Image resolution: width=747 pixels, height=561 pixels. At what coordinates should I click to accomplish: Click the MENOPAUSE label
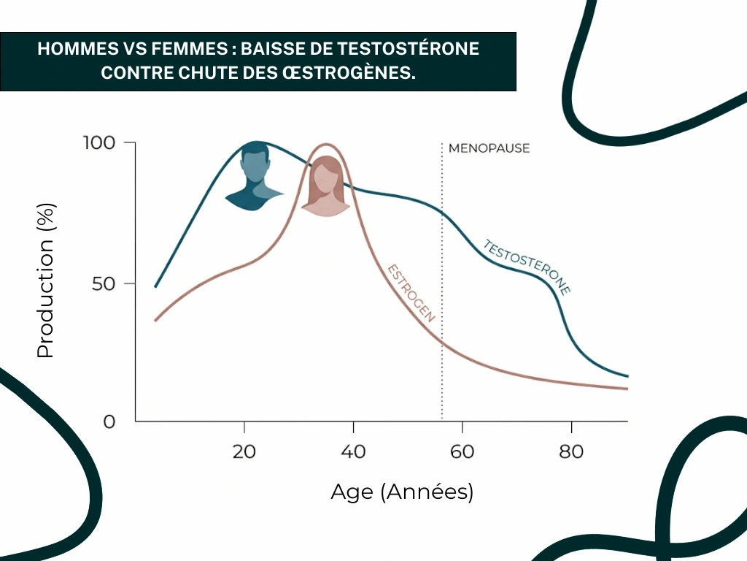[489, 148]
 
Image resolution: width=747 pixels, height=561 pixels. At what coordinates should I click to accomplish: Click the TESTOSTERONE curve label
[527, 267]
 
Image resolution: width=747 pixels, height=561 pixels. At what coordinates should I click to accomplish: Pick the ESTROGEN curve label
[411, 293]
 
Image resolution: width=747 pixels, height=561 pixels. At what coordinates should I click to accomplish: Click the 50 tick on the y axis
[104, 283]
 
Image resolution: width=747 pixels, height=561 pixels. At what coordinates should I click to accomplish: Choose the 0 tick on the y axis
[109, 421]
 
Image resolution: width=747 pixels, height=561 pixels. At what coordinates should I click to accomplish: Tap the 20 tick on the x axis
[244, 452]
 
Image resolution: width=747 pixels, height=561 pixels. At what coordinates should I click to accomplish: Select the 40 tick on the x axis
[353, 452]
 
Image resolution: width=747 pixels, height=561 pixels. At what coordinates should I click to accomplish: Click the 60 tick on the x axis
[462, 452]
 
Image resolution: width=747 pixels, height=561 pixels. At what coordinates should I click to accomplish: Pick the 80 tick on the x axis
[571, 452]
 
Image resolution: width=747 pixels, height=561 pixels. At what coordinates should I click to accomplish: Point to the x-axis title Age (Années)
[402, 492]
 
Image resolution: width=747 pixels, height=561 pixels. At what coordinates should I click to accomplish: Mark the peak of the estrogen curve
[326, 145]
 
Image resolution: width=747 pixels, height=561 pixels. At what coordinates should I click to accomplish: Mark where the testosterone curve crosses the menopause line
[442, 214]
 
